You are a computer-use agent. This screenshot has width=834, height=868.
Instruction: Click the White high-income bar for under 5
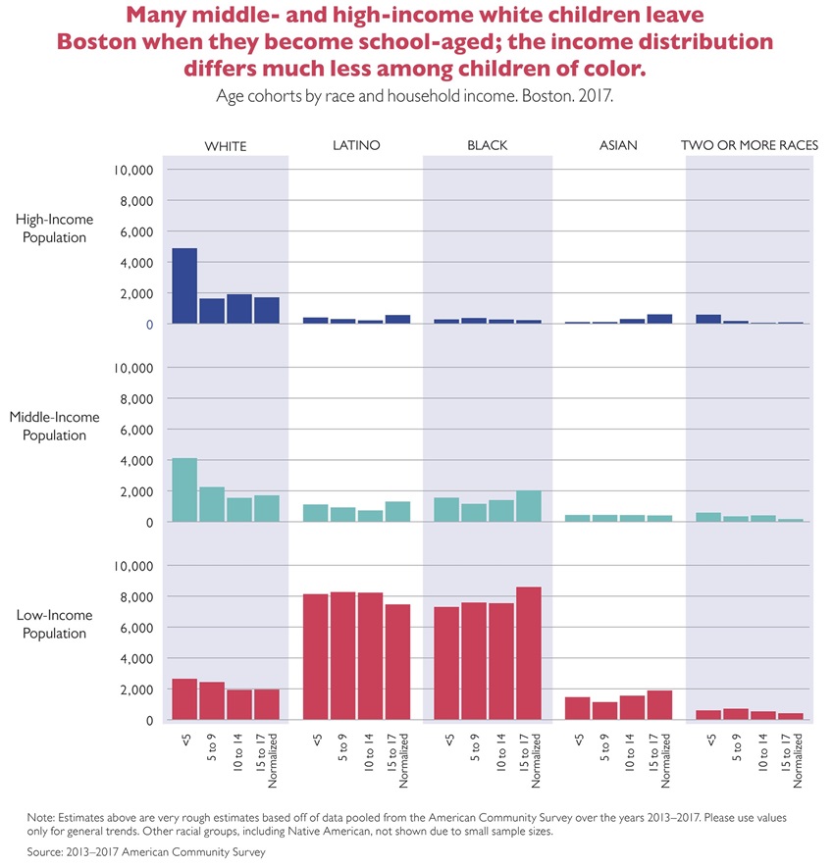pos(184,285)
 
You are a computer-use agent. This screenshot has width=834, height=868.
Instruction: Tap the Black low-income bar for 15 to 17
pos(529,653)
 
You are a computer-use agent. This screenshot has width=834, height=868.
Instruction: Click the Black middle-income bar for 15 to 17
pos(529,506)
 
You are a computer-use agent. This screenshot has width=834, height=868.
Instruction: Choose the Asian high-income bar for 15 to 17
pos(660,319)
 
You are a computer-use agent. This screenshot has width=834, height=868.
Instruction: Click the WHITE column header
pos(226,146)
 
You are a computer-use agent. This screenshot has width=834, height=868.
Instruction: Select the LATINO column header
pos(356,145)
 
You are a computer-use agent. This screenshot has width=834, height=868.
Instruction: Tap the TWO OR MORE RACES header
pos(750,145)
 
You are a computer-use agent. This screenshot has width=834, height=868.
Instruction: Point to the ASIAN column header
pos(618,145)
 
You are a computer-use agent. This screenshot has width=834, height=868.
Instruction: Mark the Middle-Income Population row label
pos(55,426)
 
